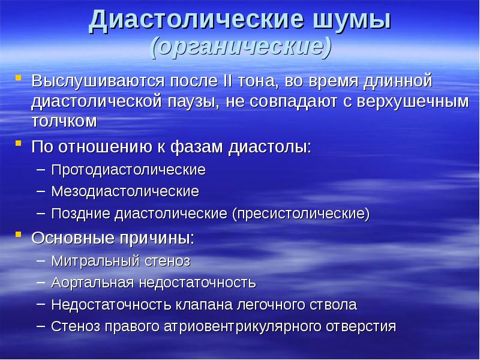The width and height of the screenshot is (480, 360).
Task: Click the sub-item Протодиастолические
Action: [x=128, y=170]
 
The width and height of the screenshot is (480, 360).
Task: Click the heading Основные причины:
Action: [x=113, y=238]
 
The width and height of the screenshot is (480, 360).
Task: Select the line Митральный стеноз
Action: [x=121, y=261]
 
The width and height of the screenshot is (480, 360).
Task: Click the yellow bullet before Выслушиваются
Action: [x=19, y=79]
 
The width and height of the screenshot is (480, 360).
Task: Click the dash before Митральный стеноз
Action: [x=40, y=261]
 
